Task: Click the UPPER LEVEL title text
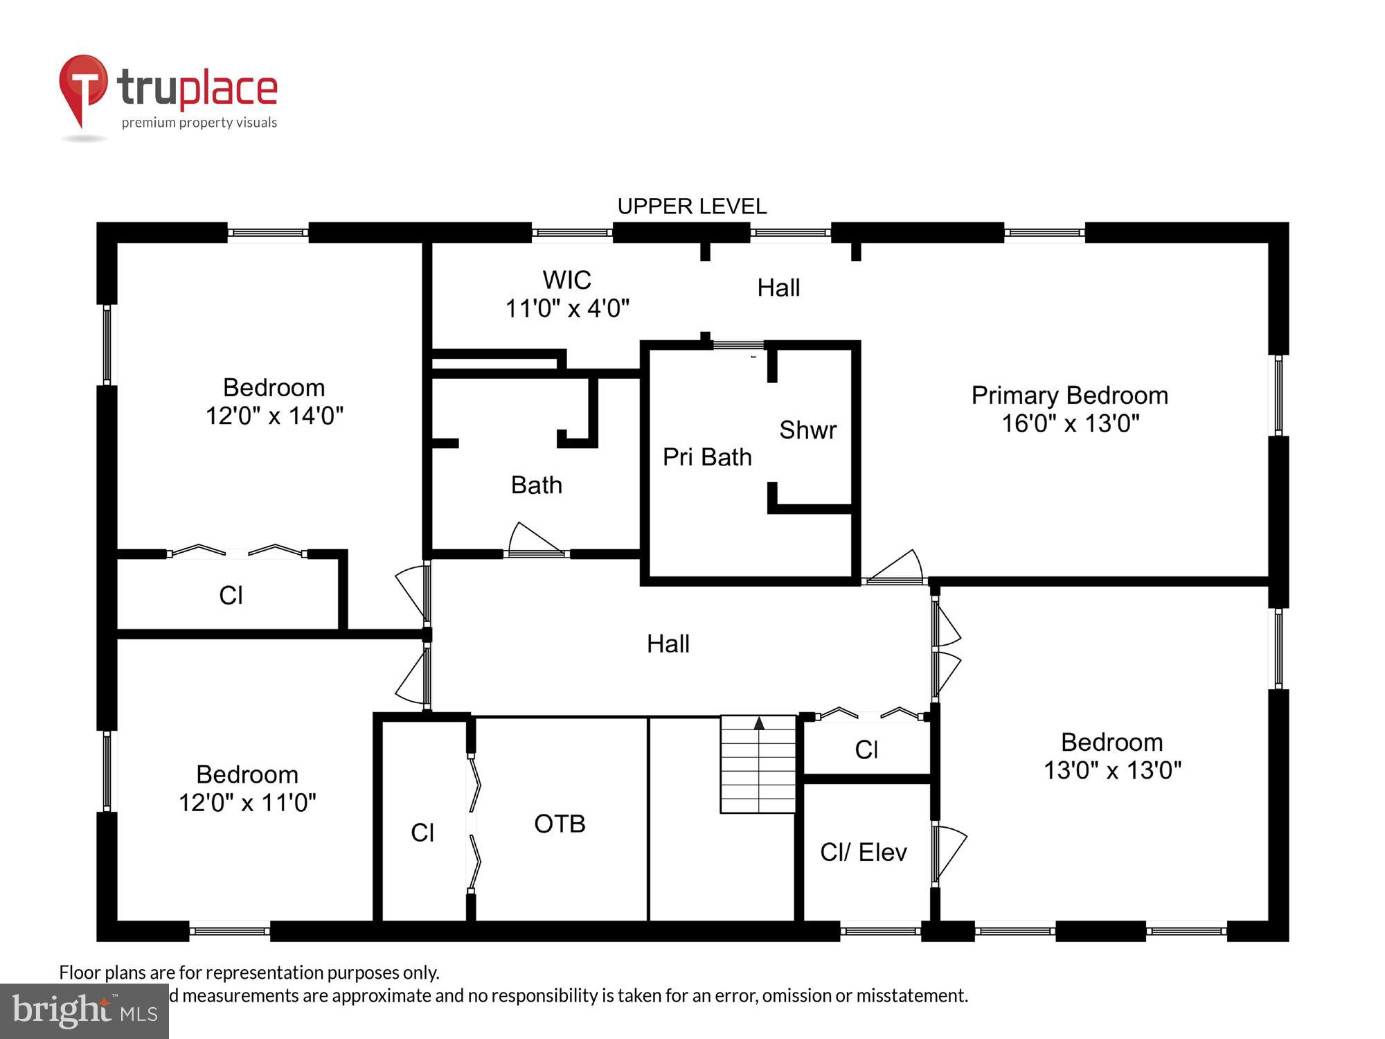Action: [692, 206]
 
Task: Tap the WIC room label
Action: [566, 280]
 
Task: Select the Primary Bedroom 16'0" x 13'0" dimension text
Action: [1070, 423]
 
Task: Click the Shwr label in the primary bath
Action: [807, 430]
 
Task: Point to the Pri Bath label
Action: [707, 457]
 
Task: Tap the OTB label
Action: [560, 824]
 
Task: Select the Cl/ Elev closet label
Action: [863, 852]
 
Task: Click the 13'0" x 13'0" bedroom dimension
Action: [1112, 770]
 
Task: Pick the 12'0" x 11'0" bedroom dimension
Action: [247, 803]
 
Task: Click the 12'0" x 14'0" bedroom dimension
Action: [274, 416]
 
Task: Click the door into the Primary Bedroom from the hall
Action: [897, 568]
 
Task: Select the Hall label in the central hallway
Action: [668, 644]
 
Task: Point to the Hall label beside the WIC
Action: [778, 288]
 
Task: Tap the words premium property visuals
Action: [199, 123]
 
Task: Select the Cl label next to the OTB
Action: [422, 833]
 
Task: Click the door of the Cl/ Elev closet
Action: [949, 853]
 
